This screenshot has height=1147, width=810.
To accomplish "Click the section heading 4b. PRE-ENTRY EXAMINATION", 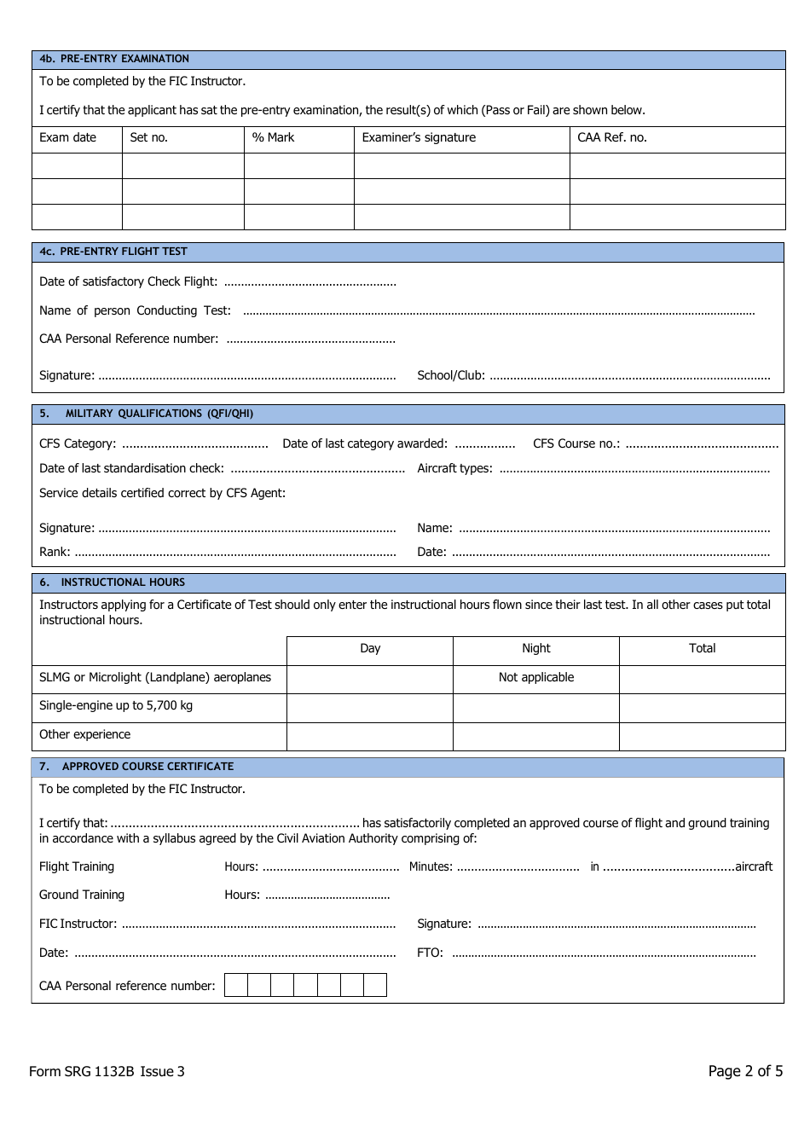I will [x=114, y=59].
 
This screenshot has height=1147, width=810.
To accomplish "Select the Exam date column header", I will [x=68, y=137].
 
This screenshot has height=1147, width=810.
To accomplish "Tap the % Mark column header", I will [x=273, y=137].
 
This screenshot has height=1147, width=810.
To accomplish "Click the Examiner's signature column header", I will [x=419, y=137].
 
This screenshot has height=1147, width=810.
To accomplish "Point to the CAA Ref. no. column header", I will [x=612, y=137].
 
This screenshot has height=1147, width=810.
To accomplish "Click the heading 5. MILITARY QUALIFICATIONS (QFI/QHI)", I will [x=146, y=414].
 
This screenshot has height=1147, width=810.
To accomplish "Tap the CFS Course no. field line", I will [x=701, y=444].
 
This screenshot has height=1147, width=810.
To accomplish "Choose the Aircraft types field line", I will [x=634, y=469].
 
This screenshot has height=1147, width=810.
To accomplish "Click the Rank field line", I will [x=234, y=553].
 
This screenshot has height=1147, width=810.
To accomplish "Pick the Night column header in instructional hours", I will [x=536, y=649].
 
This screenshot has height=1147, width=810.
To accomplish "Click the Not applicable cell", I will [x=536, y=678].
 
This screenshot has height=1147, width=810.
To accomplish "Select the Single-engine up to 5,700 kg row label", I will [x=116, y=706].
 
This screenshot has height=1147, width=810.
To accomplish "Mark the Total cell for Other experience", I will [x=702, y=736].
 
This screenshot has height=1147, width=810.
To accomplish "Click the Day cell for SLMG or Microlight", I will [x=370, y=678].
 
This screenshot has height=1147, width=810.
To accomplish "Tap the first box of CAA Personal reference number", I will [x=236, y=986].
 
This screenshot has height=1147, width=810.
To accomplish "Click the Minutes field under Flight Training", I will [x=518, y=867].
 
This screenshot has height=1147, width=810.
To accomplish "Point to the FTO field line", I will [x=603, y=953].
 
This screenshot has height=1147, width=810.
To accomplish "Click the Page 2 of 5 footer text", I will [x=744, y=1071].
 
